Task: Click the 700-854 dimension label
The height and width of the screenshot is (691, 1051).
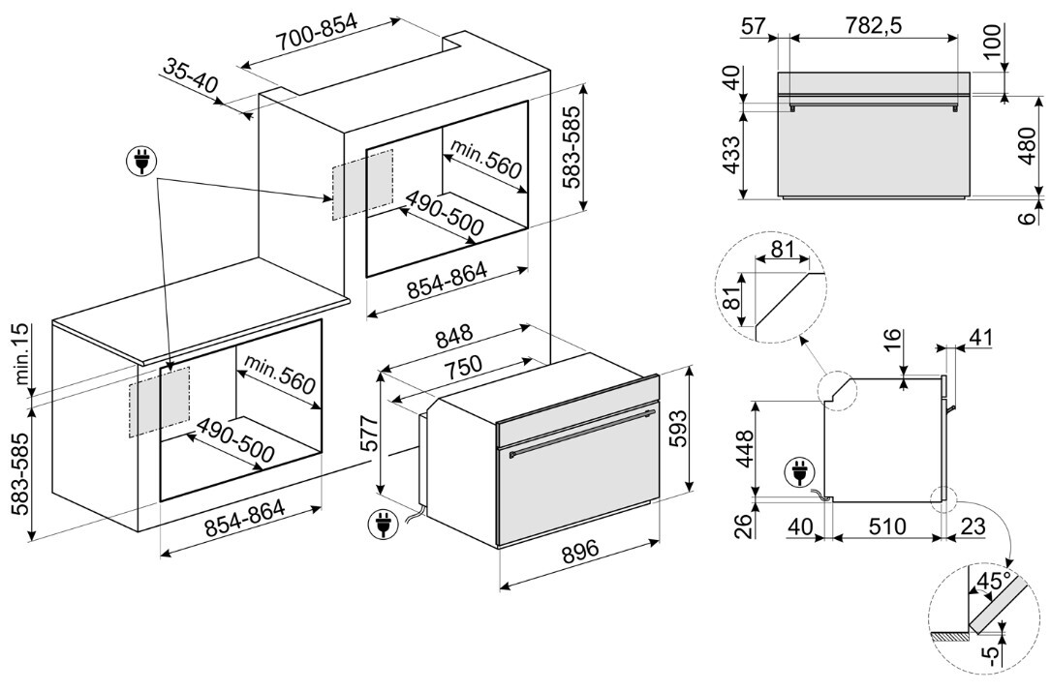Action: (x=317, y=30)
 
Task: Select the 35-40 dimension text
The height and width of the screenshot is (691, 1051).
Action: (x=191, y=75)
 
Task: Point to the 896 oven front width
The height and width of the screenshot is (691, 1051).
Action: (x=580, y=551)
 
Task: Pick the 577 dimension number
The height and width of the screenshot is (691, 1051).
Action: (x=370, y=434)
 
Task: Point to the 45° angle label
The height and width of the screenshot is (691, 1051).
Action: (x=993, y=581)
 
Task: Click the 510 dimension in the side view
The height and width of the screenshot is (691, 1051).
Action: (x=887, y=526)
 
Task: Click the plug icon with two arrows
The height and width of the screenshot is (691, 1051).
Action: (x=141, y=161)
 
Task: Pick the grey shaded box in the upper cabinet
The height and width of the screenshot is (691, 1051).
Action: (x=362, y=184)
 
